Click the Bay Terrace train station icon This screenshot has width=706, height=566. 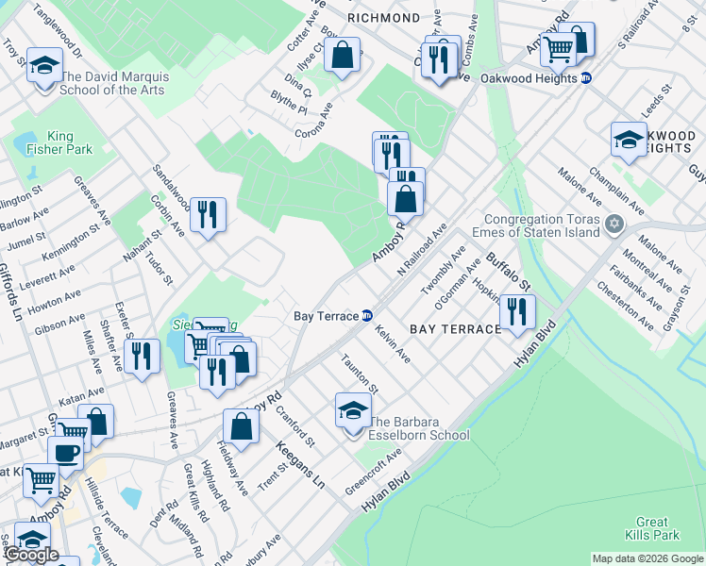367,316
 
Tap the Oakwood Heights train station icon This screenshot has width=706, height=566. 586,78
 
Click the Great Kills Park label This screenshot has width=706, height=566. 652,528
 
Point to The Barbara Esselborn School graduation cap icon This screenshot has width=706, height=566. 353,411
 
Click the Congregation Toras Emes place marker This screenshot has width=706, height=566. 615,225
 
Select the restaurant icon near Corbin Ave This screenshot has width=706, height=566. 208,214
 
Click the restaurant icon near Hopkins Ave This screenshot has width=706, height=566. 516,311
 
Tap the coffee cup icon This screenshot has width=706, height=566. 65,452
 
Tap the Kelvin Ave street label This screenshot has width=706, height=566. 393,345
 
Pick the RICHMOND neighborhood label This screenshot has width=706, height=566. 383,18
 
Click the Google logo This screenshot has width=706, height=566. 31,555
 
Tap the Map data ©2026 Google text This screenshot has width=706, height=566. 647,559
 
